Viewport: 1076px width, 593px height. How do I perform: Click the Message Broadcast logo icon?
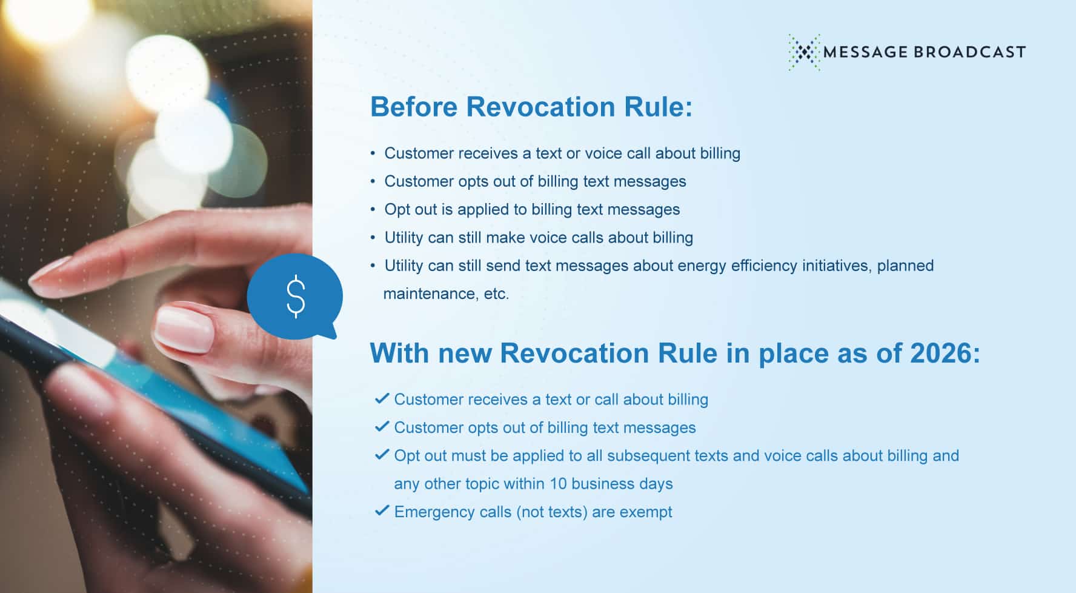tap(805, 52)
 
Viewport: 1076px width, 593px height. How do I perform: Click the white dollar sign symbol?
tap(295, 296)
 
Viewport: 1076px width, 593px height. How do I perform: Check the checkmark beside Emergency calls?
tap(382, 511)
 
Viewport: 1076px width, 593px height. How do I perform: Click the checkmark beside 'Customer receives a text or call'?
tap(382, 398)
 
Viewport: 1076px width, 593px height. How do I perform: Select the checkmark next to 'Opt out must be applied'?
tap(382, 454)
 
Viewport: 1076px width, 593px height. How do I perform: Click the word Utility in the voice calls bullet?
tap(403, 238)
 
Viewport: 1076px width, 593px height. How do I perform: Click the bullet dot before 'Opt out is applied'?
tap(373, 210)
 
